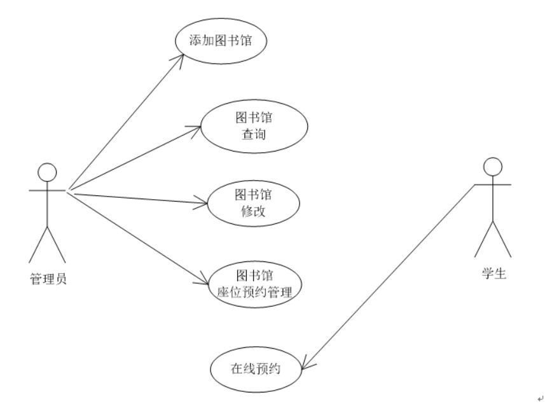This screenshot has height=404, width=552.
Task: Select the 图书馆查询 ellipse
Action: point(254,126)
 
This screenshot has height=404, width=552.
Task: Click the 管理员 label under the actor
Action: point(48,277)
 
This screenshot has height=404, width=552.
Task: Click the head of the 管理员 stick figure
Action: point(48,171)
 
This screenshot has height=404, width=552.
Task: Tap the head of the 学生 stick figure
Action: point(493,167)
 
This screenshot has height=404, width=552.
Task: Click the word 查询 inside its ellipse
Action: point(254,135)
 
